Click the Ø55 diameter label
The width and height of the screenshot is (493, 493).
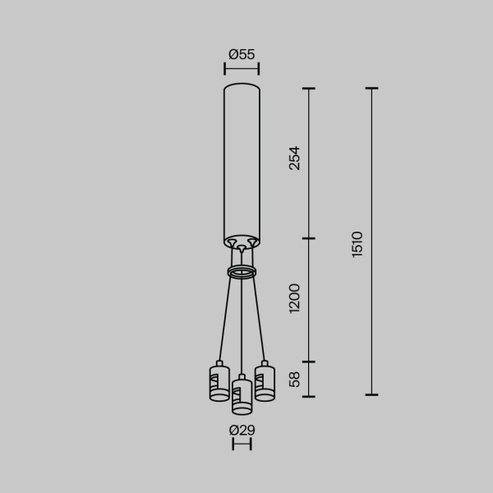click(x=242, y=54)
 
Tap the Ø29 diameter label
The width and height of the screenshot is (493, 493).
click(x=242, y=430)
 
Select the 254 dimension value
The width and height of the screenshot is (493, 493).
click(x=295, y=159)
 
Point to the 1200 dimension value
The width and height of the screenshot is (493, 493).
click(x=295, y=299)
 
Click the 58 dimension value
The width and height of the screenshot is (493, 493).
click(x=295, y=379)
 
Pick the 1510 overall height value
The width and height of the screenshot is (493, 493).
click(x=357, y=244)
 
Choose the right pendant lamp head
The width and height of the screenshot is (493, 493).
click(x=265, y=382)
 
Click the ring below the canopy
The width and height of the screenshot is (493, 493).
click(x=242, y=272)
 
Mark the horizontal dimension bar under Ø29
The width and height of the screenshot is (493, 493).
click(x=242, y=445)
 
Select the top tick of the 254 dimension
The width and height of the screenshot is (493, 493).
click(x=309, y=88)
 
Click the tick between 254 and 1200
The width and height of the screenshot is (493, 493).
click(x=309, y=239)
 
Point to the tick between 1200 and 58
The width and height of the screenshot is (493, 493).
click(x=309, y=362)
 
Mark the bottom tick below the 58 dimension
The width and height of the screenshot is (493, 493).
click(x=309, y=395)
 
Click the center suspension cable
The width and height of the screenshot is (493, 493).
click(x=242, y=329)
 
